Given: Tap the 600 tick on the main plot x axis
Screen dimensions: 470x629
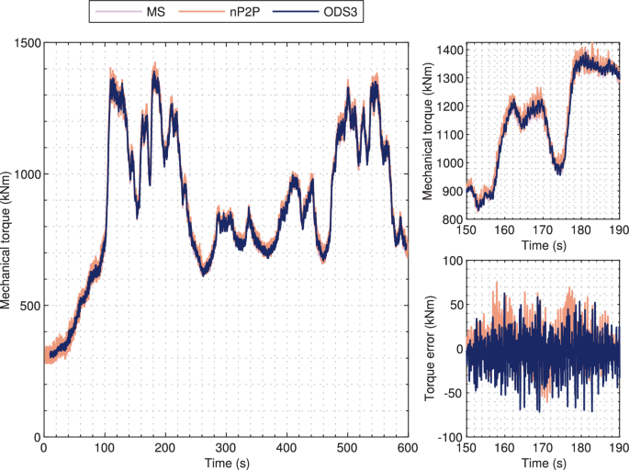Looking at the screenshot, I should pos(408,447).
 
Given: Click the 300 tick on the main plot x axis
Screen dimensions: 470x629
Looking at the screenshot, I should pos(226,447).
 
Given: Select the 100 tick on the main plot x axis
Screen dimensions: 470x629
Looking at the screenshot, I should pos(105,447).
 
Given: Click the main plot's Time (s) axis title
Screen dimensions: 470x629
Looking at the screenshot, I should pos(225,461).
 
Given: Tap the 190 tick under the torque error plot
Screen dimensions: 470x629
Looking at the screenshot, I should pos(620,447).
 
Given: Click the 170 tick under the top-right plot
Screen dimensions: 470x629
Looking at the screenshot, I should pos(544,230).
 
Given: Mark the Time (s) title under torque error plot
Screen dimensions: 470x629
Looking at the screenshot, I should pos(544,461).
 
